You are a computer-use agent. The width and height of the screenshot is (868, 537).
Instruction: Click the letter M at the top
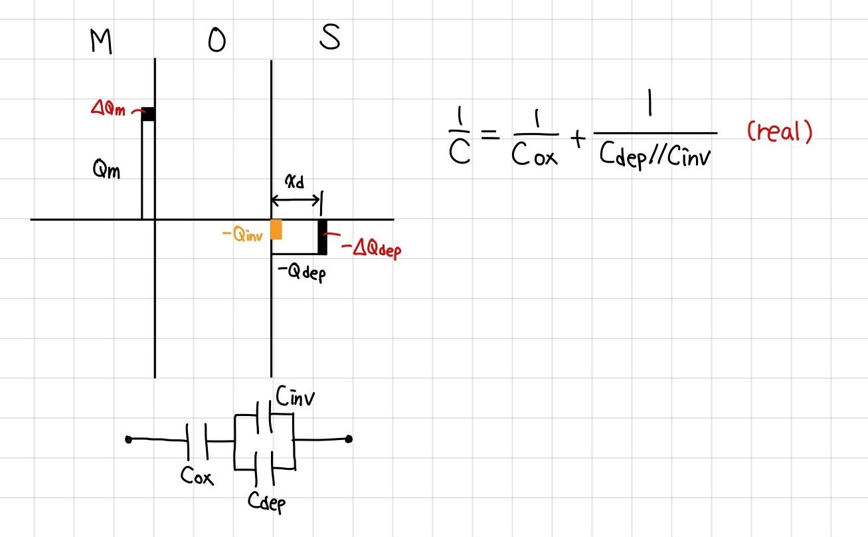click(100, 42)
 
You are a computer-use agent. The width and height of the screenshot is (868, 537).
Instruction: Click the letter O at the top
click(217, 41)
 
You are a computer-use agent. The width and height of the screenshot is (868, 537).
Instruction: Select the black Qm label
click(106, 171)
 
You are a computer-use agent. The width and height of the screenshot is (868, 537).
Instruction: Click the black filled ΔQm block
click(148, 114)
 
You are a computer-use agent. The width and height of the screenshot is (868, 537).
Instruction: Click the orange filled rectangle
click(277, 229)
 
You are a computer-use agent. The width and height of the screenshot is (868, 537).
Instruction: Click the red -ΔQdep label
click(371, 250)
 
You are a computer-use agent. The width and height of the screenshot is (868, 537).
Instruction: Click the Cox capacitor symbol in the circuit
click(197, 440)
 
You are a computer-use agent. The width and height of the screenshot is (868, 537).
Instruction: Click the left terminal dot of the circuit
click(128, 439)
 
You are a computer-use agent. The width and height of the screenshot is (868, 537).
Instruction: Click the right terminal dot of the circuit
click(349, 439)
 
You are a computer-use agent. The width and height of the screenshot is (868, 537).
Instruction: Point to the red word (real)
click(779, 132)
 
